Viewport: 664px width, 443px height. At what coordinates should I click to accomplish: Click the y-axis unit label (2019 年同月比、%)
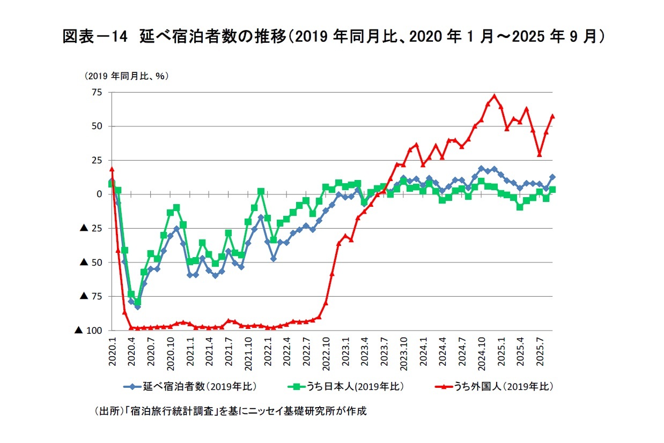click(126, 77)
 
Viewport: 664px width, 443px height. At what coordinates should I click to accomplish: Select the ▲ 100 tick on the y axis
click(88, 331)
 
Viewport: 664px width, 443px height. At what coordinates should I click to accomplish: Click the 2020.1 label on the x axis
click(113, 351)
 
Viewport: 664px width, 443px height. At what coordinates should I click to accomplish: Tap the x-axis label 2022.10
click(326, 354)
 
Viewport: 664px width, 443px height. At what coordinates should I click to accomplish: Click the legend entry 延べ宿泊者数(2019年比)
click(190, 386)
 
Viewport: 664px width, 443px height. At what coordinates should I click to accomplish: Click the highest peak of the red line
click(494, 96)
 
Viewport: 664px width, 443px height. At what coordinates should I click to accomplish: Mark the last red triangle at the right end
click(552, 116)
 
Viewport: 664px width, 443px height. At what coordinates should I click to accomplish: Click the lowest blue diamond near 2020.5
click(137, 307)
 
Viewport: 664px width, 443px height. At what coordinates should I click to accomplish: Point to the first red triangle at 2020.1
click(112, 169)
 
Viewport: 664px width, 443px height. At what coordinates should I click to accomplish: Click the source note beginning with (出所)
click(230, 411)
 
